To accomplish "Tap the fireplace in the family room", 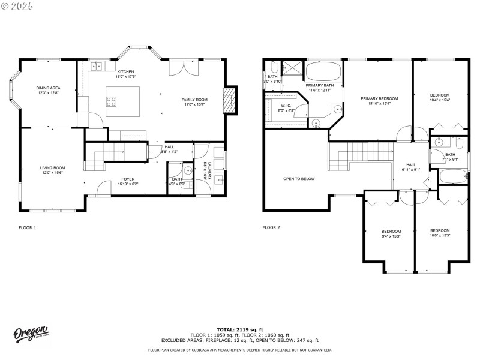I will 229,99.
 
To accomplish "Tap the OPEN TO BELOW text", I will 299,179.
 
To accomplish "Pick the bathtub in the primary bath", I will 323,72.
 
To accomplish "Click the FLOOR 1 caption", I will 28,228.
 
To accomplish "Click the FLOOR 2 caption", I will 271,228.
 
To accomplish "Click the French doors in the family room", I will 184,68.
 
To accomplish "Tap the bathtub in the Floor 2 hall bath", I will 454,177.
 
